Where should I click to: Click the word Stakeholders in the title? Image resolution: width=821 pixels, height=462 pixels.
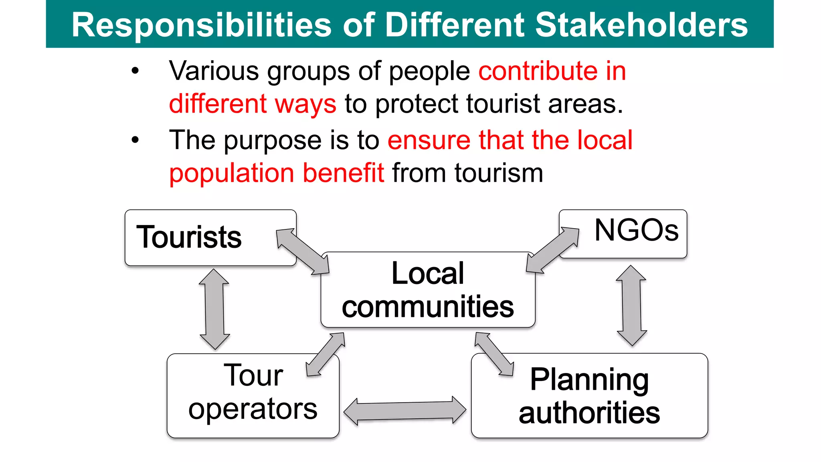point(641,25)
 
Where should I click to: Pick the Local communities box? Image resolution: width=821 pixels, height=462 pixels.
point(427,290)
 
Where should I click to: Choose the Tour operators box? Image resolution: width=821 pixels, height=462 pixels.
point(253,395)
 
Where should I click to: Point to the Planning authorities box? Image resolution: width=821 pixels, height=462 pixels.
point(589,395)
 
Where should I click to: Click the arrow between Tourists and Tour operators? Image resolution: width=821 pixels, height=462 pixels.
point(214,309)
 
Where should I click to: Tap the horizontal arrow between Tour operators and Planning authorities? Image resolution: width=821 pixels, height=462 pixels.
point(405,411)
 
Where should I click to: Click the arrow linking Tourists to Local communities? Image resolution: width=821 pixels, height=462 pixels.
point(303,251)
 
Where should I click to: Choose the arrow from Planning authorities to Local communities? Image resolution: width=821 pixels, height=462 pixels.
point(494,354)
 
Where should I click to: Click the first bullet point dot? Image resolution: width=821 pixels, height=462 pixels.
point(135,71)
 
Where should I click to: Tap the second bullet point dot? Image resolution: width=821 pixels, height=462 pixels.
point(135,140)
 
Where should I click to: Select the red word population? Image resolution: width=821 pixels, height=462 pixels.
point(232,173)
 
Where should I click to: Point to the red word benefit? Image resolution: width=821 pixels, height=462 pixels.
point(344,173)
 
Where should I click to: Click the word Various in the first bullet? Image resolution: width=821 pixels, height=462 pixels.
point(214,71)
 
